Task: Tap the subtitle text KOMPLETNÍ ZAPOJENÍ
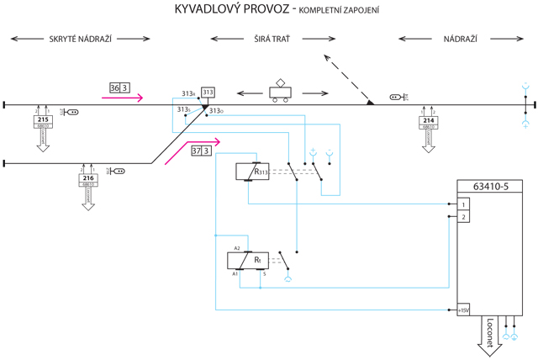tap(335, 11)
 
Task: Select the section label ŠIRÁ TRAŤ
tap(272, 40)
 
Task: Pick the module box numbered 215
tap(43, 120)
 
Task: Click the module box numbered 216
tap(89, 178)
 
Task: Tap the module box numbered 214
tap(429, 121)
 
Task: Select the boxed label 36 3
tap(119, 87)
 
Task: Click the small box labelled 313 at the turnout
tap(208, 93)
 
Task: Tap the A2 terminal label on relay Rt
tap(237, 248)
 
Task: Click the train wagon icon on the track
tap(280, 93)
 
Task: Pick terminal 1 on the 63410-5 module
tap(462, 204)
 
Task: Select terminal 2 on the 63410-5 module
tap(462, 217)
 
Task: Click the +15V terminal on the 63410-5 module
tap(462, 310)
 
